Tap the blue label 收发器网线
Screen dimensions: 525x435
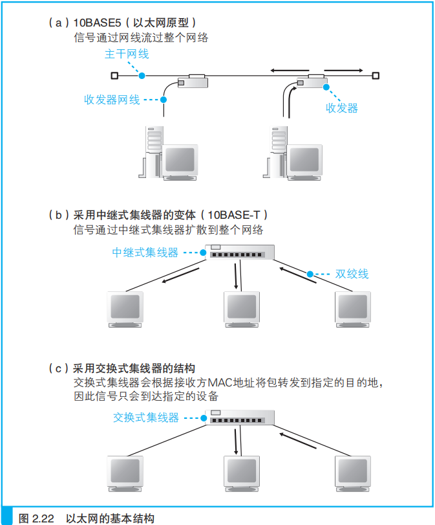tap(111, 100)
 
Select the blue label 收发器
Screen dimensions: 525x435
tap(341, 108)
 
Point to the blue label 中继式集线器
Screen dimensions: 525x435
tap(145, 252)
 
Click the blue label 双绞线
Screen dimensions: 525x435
tap(352, 273)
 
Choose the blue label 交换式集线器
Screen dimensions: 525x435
tap(145, 418)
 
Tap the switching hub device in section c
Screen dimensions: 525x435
tap(241, 418)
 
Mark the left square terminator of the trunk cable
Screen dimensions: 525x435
tap(114, 76)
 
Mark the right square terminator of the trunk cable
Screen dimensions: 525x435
tap(376, 76)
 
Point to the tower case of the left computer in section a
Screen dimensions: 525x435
tap(154, 149)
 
